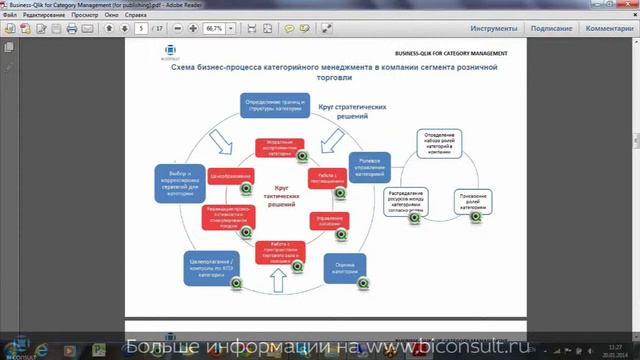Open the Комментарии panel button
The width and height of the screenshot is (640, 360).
[609, 29]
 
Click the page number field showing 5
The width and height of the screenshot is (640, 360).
[145, 29]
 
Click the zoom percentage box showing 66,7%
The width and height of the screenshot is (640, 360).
[214, 29]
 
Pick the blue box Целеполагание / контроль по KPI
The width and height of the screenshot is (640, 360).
[211, 267]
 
